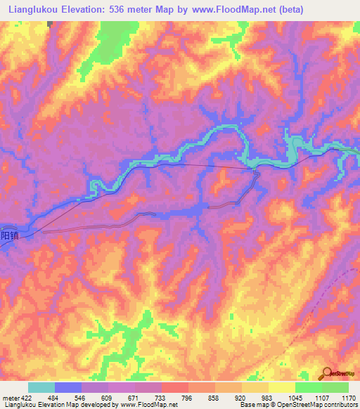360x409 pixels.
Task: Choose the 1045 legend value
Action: coord(295,397)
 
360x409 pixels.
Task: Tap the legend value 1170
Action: coord(349,397)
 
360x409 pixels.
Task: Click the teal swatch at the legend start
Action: coord(41,387)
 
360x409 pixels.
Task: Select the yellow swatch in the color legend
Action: coord(281,387)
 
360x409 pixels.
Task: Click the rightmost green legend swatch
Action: coord(335,387)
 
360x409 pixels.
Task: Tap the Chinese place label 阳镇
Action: coord(8,236)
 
